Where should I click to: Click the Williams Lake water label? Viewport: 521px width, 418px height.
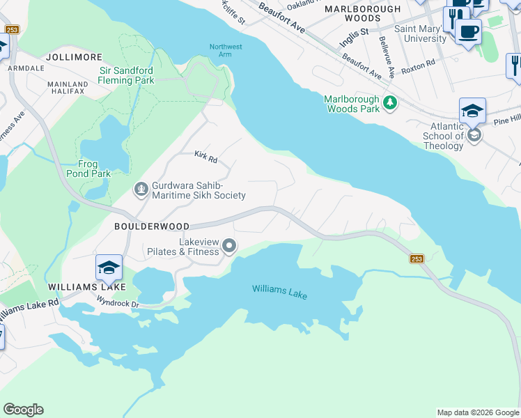tap(279, 292)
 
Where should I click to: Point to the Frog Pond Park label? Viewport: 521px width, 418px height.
tap(88, 169)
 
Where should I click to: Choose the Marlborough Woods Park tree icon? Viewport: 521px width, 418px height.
tap(390, 104)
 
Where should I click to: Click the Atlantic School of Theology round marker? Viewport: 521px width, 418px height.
tap(474, 135)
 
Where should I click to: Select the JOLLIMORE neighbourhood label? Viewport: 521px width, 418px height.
tap(73, 57)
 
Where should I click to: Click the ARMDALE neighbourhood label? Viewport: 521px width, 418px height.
tap(22, 69)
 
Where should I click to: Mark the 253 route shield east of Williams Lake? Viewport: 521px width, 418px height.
tap(416, 258)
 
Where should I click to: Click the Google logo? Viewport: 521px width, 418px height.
tap(23, 410)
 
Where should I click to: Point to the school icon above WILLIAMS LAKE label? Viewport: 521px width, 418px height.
tap(109, 268)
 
